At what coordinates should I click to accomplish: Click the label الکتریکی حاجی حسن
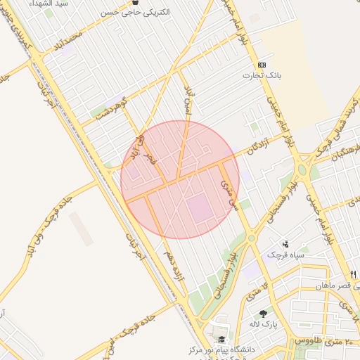(134, 13)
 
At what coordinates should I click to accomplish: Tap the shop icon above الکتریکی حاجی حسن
(135, 3)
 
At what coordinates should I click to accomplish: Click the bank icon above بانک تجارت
(262, 65)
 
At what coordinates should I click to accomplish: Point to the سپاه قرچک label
(284, 254)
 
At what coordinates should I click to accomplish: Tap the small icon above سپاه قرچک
(285, 244)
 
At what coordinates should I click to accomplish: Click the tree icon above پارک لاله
(264, 314)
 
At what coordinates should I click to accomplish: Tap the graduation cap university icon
(221, 339)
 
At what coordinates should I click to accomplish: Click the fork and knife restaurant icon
(354, 274)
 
